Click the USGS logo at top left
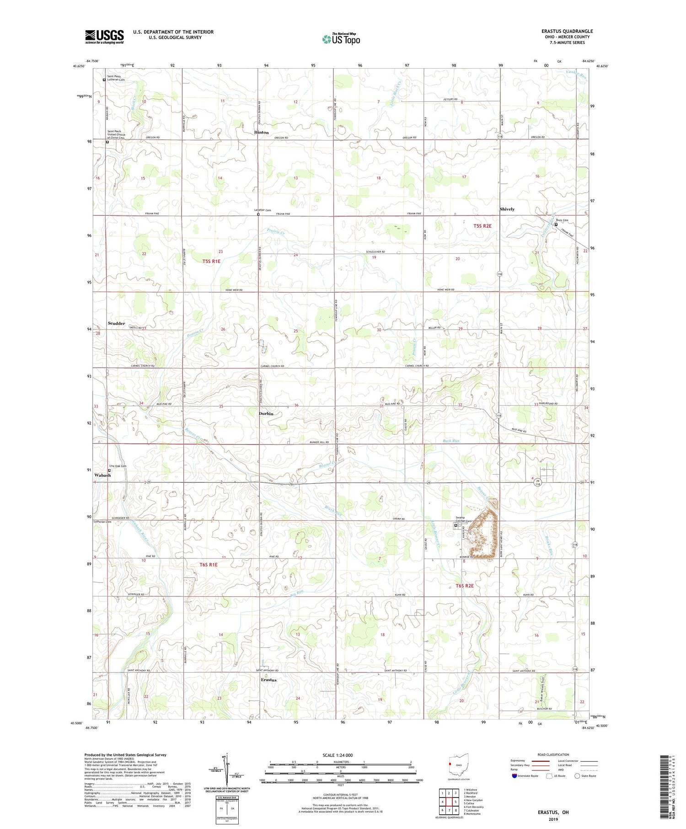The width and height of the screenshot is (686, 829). tap(104, 37)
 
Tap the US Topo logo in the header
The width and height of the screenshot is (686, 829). tap(341, 39)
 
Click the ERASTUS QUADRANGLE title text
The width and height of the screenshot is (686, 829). tap(567, 31)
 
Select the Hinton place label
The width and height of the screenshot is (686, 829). tap(262, 133)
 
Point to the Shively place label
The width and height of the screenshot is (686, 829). tap(507, 209)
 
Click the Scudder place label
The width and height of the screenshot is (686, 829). tap(116, 323)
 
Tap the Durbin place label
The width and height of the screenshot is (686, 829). tap(266, 413)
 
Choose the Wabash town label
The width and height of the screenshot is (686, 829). tap(102, 475)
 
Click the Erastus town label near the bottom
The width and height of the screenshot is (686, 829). tap(268, 680)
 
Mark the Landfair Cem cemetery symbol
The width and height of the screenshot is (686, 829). tap(258, 214)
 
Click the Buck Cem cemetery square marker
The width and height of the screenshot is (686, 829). tap(556, 225)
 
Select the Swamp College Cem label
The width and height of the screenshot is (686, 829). tap(463, 519)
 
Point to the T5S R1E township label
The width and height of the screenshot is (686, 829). tap(211, 261)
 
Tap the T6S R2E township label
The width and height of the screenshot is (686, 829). tap(464, 585)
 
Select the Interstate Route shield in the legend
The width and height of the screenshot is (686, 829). tap(514, 776)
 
